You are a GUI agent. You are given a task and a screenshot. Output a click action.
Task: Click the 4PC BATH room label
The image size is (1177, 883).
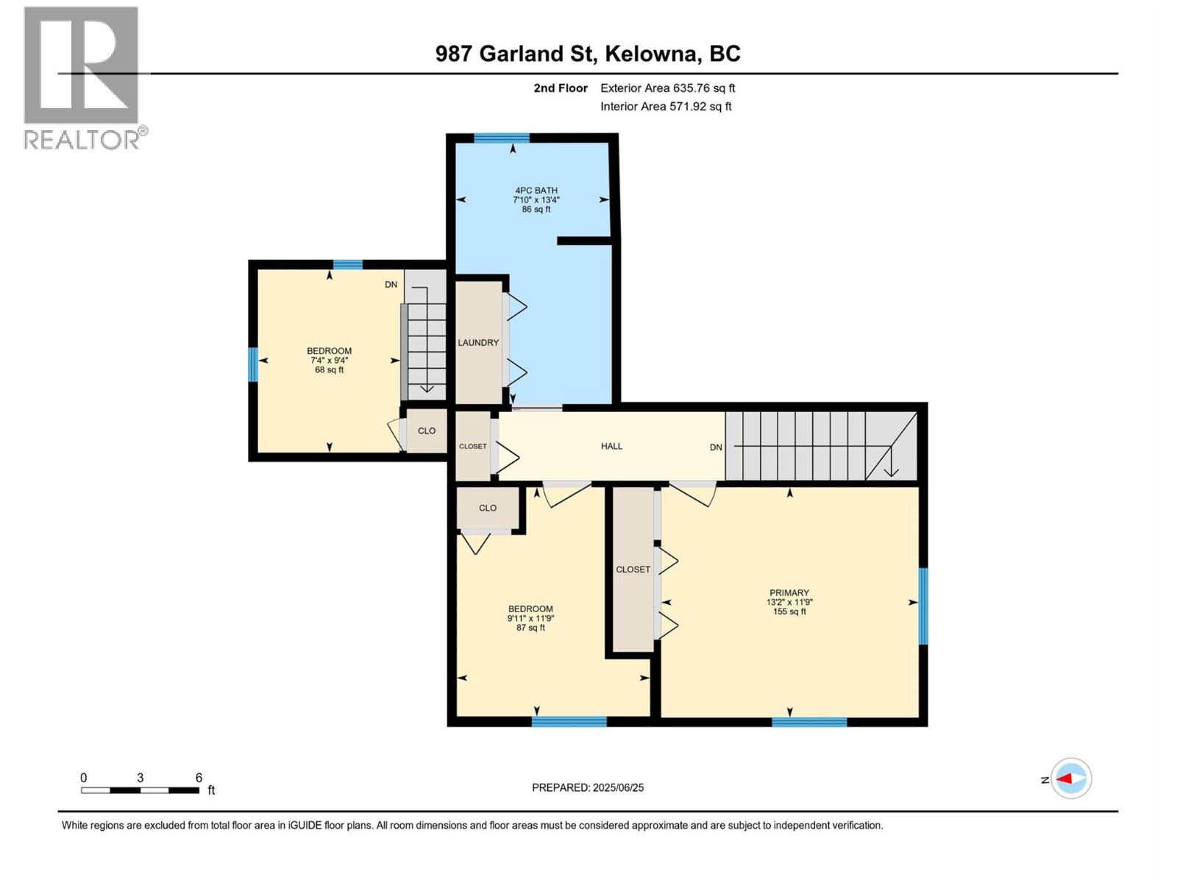point(536,191)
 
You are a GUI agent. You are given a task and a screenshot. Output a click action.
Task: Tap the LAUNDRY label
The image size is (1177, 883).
point(478,343)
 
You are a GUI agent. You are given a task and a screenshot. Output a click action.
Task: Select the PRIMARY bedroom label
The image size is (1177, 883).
point(789,593)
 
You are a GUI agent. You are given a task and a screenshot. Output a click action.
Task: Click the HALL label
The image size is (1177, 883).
point(611,446)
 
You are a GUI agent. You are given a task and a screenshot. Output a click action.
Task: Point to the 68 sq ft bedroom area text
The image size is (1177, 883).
point(329,370)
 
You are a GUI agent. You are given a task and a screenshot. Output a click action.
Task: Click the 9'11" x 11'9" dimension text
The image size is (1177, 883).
point(530,619)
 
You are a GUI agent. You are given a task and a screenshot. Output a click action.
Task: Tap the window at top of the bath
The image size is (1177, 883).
point(502,138)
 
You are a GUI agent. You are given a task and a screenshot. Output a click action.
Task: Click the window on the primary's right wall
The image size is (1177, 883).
point(923,606)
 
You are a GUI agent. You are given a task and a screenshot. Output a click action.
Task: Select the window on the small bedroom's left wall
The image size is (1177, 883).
point(253,365)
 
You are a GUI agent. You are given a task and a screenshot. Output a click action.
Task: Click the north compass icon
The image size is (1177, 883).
point(1070,779)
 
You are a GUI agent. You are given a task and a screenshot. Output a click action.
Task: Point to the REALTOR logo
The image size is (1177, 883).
point(82,78)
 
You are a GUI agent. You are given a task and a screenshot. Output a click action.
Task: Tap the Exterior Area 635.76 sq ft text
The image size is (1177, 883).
point(667,88)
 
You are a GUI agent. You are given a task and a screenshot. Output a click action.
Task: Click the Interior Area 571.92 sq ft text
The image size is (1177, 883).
point(666,107)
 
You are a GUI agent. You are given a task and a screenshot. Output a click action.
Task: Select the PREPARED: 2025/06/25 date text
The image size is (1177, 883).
point(588,787)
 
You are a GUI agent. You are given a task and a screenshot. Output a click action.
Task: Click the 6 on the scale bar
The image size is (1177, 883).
point(199,778)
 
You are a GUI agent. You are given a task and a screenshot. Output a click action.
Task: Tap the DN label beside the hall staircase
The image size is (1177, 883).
point(716,447)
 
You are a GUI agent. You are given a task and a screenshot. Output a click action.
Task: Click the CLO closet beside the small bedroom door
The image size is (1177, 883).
point(427,431)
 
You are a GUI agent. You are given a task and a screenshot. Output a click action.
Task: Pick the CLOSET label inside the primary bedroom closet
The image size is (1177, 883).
point(633,570)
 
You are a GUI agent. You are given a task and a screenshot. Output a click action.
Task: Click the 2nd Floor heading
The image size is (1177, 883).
point(561,88)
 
